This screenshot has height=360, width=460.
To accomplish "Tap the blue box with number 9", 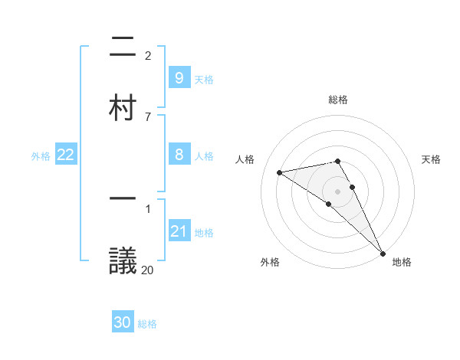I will click(179, 77).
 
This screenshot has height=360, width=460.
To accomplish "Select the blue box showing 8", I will click(179, 155).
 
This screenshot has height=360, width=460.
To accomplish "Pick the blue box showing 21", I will click(179, 231).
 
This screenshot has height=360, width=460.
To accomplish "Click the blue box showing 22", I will click(66, 155).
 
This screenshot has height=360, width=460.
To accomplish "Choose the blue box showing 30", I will click(123, 322).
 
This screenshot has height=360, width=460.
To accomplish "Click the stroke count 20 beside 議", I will click(148, 269).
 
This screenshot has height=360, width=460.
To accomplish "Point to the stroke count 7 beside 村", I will click(148, 116).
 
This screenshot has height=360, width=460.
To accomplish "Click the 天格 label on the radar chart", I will click(432, 159).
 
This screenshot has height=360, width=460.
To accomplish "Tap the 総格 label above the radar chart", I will click(338, 100).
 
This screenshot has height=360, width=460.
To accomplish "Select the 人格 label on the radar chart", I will click(246, 159).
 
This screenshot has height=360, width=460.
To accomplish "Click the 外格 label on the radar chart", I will click(270, 262).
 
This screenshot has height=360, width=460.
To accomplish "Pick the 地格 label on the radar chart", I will click(402, 262).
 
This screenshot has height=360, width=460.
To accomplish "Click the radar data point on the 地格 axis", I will click(383, 253).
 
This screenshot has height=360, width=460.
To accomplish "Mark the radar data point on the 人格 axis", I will click(280, 172).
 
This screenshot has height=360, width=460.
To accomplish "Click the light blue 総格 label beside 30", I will click(147, 324).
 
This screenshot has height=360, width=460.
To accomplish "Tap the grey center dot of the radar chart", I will click(338, 191).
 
